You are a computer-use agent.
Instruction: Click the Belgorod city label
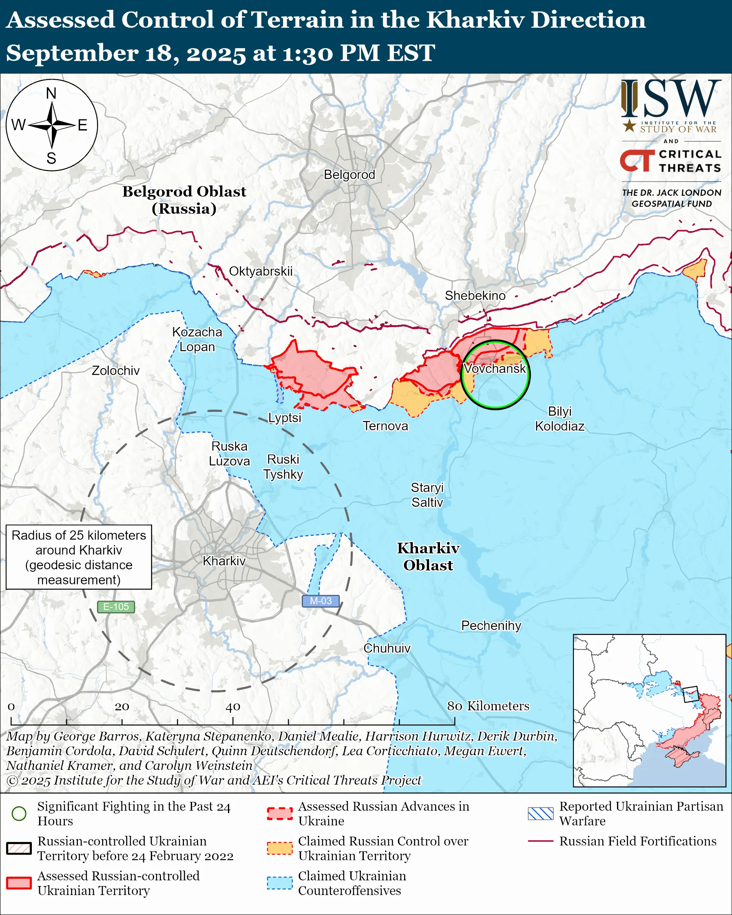point(349,175)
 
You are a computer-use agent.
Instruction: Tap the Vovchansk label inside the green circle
point(495,368)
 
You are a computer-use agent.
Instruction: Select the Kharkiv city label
point(224,561)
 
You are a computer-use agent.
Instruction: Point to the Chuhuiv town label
point(387,648)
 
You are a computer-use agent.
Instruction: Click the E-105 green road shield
point(116,607)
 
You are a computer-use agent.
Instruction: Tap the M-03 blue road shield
point(321,601)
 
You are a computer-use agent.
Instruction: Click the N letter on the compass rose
point(51,93)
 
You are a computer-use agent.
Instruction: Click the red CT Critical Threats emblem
point(637,161)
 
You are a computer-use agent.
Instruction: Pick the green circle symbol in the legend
point(19,813)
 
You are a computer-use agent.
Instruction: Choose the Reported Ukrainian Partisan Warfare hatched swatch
point(540,813)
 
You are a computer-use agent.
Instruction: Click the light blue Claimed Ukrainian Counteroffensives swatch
point(280,883)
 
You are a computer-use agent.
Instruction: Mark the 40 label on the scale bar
point(232,707)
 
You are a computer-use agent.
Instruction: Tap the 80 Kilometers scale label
point(488,706)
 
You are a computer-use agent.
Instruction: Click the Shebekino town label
point(475,295)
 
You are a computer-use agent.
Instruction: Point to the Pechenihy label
point(491,625)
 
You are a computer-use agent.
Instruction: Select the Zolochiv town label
point(115,371)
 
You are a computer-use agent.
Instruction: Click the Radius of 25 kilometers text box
point(79,557)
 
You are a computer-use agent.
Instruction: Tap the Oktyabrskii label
point(261,271)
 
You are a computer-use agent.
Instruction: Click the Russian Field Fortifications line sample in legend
point(540,841)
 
